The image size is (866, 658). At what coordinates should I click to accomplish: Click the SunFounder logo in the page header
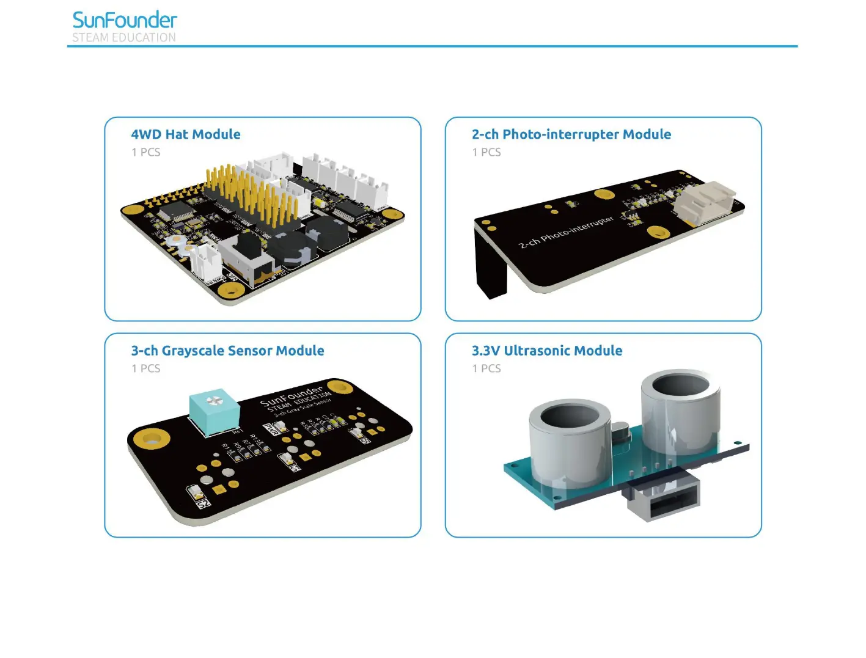point(125,20)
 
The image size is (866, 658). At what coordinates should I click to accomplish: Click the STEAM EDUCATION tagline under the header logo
point(124,37)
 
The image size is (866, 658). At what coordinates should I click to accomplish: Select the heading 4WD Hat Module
point(186,134)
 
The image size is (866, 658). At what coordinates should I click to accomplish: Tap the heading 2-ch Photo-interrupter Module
point(571,134)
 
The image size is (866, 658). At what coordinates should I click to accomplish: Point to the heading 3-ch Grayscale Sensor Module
point(227,351)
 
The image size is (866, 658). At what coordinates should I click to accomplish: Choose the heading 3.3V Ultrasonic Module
point(547,351)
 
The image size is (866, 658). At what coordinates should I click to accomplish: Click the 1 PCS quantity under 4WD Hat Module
point(146,152)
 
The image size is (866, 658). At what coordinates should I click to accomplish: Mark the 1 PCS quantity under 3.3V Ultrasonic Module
point(486,368)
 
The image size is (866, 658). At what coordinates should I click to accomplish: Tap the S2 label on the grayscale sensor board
point(204,503)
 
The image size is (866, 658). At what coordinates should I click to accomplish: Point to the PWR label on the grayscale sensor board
point(271,430)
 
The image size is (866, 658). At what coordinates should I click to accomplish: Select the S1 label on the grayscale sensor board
point(295,467)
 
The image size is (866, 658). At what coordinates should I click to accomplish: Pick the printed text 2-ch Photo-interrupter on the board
point(566,233)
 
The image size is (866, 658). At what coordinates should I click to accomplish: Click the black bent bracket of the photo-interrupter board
point(490,263)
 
